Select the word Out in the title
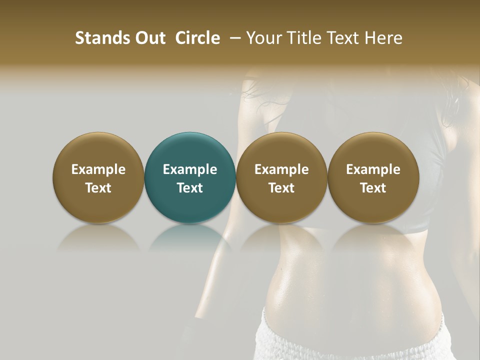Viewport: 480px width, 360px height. coord(149,38)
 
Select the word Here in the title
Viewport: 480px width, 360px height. coord(384,38)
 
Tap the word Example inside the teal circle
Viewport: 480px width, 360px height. coord(190,169)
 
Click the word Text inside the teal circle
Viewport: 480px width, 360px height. coord(190,188)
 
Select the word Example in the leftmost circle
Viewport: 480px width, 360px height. coord(98,169)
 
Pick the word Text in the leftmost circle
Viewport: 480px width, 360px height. coord(98,188)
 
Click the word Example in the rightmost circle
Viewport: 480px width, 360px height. coord(373,169)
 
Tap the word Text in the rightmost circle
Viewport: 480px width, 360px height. coord(373,188)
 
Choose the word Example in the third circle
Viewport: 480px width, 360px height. coord(281,169)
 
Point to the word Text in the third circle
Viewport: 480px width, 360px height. coord(281,188)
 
